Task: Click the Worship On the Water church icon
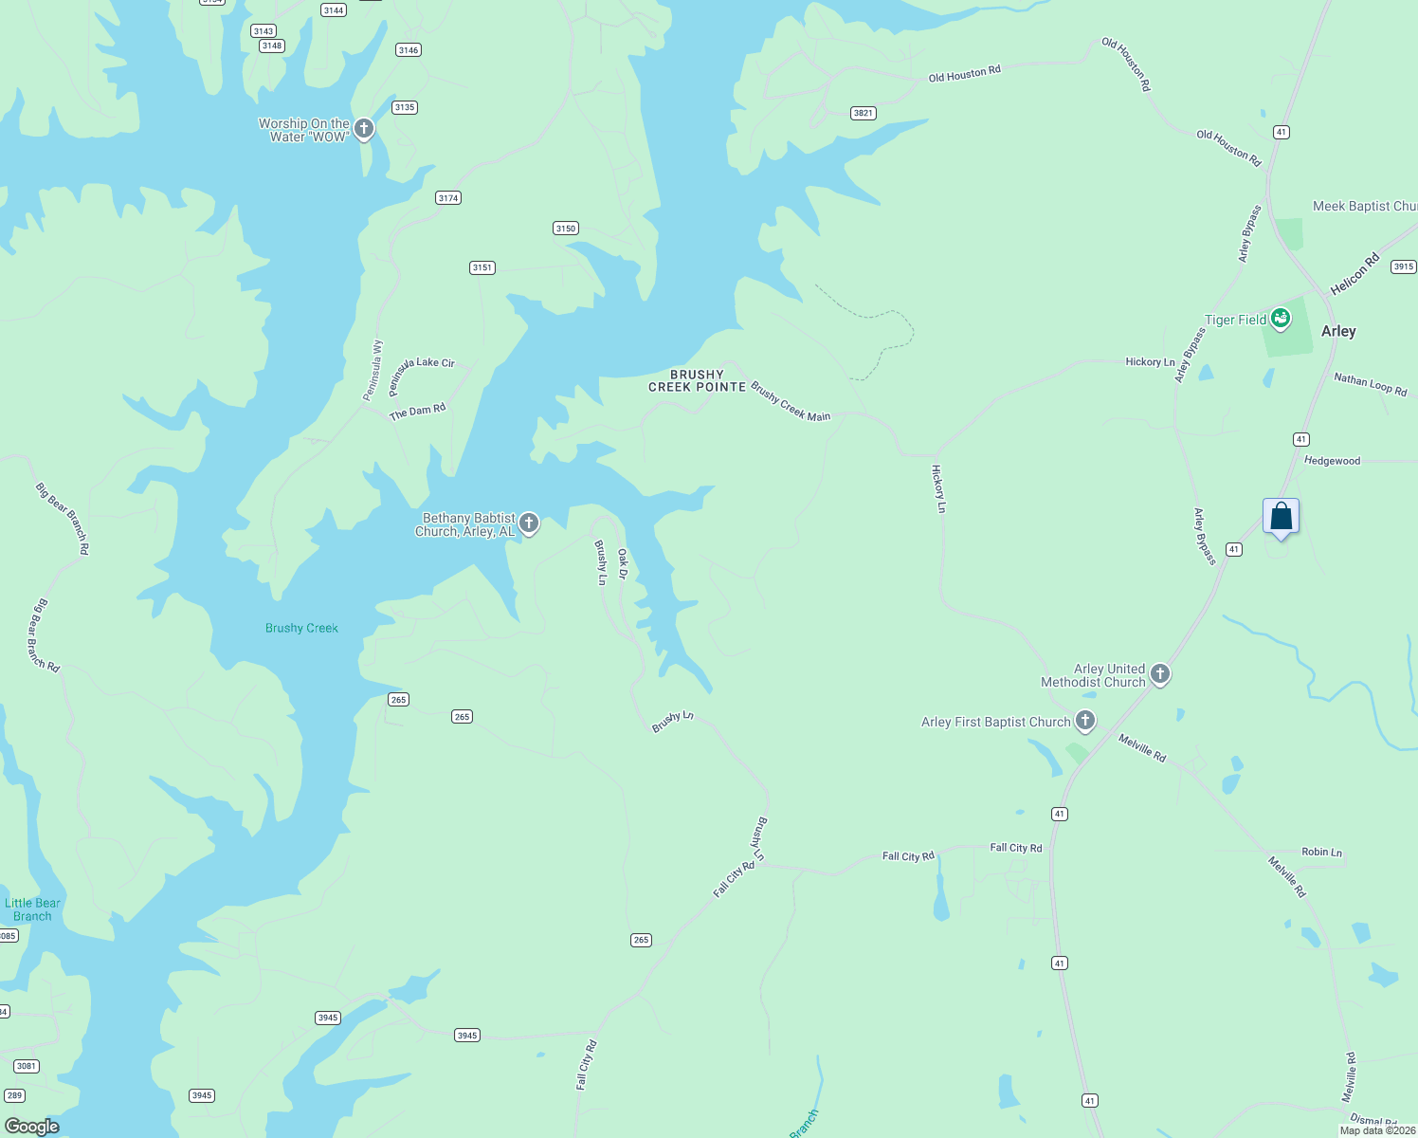(x=364, y=128)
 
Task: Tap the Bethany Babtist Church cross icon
(x=529, y=523)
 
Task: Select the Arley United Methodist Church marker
(x=1160, y=674)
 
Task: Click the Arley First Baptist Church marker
(x=1085, y=721)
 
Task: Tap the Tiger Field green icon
(x=1281, y=318)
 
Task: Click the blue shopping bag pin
(x=1281, y=517)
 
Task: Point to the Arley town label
(x=1338, y=331)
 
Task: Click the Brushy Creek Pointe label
(x=697, y=380)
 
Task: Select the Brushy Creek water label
(x=301, y=628)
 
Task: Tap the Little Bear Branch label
(x=32, y=909)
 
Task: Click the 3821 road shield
(x=863, y=113)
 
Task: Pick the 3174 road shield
(x=448, y=198)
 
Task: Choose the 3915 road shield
(x=1403, y=266)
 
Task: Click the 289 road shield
(x=13, y=1095)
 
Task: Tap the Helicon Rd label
(x=1354, y=273)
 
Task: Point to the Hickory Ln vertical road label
(x=938, y=488)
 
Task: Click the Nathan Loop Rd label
(x=1370, y=384)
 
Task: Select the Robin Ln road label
(x=1321, y=852)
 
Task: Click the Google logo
(x=32, y=1127)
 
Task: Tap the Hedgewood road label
(x=1332, y=461)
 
